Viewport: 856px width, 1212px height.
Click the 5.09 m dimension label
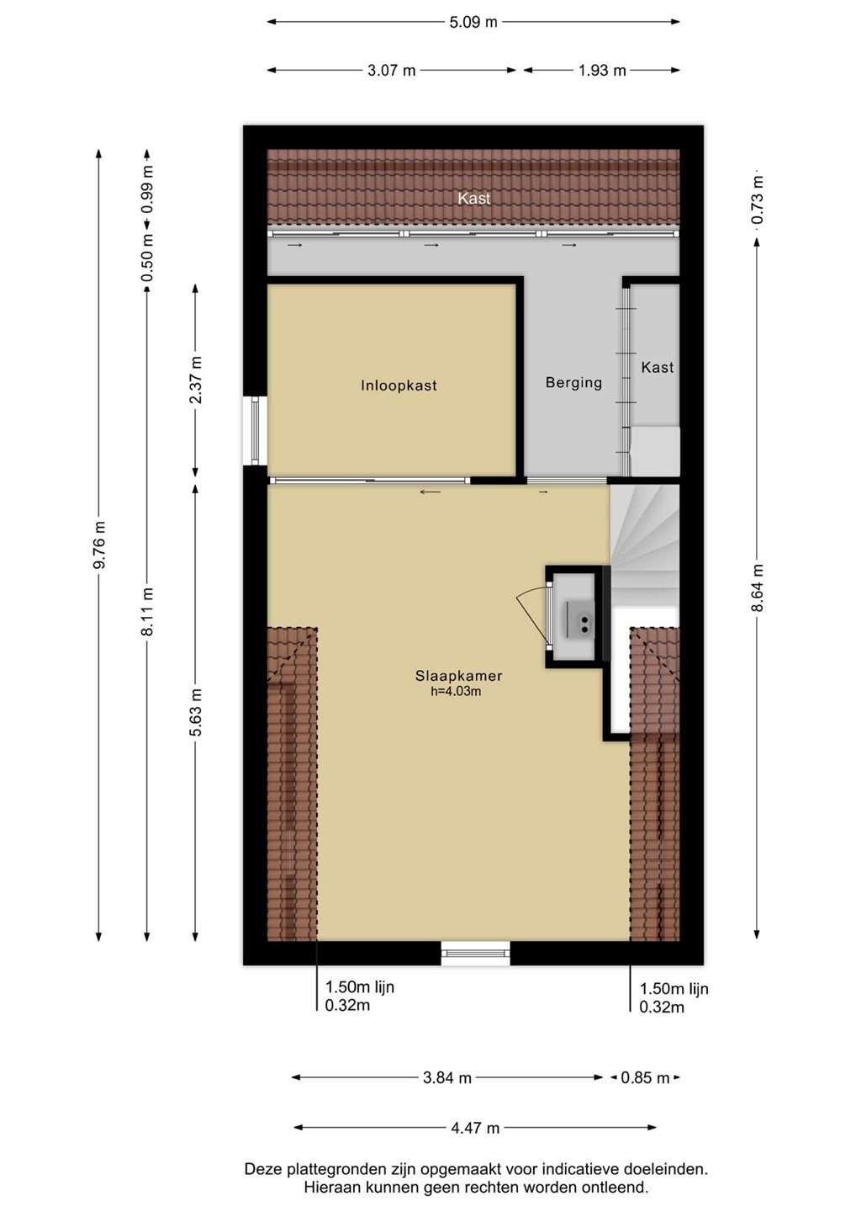(x=473, y=22)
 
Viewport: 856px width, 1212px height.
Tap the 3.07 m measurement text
(x=391, y=71)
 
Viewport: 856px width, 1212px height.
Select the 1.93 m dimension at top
(x=602, y=71)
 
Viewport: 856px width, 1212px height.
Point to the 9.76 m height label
(x=99, y=545)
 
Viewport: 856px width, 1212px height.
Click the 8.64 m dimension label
(x=757, y=587)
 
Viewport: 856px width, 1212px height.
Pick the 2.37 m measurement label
(x=196, y=380)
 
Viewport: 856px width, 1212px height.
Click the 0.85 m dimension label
(x=645, y=1078)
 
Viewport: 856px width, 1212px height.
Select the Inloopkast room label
(x=399, y=385)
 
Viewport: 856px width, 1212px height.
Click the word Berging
(x=573, y=383)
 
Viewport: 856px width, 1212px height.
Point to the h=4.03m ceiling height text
(x=456, y=691)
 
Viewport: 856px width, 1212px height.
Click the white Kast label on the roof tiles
(x=474, y=198)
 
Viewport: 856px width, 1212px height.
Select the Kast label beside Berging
(x=657, y=367)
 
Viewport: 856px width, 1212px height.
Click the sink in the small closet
(x=580, y=619)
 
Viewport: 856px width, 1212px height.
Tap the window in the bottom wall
(x=476, y=953)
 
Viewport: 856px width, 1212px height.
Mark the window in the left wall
(x=256, y=431)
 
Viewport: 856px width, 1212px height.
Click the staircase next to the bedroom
(x=644, y=545)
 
